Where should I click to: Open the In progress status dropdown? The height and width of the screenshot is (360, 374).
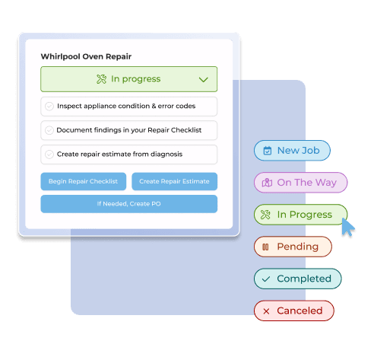point(128,79)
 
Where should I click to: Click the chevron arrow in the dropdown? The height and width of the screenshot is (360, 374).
point(203,79)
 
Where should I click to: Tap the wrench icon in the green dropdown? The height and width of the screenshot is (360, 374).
point(102,79)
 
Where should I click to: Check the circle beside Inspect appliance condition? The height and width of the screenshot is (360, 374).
point(49,107)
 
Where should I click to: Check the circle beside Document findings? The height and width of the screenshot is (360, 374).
point(49,130)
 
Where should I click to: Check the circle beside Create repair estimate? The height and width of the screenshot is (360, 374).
point(49,155)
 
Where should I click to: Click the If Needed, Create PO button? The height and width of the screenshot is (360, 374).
point(128,204)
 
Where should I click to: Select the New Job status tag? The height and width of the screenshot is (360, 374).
point(291,151)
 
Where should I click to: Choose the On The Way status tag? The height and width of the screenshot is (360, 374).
point(300,183)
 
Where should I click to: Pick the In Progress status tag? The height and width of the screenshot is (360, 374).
point(300,215)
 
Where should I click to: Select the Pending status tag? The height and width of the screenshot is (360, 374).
point(293,247)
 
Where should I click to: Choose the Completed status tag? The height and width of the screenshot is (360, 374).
point(297,279)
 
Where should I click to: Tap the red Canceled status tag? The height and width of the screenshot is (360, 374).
point(293,311)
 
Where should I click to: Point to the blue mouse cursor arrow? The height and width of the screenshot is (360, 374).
point(347,227)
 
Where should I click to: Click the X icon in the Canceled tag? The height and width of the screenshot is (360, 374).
point(266,311)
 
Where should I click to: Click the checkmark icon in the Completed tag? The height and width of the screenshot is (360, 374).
point(266,279)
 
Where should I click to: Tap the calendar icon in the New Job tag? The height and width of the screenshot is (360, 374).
point(267,151)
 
